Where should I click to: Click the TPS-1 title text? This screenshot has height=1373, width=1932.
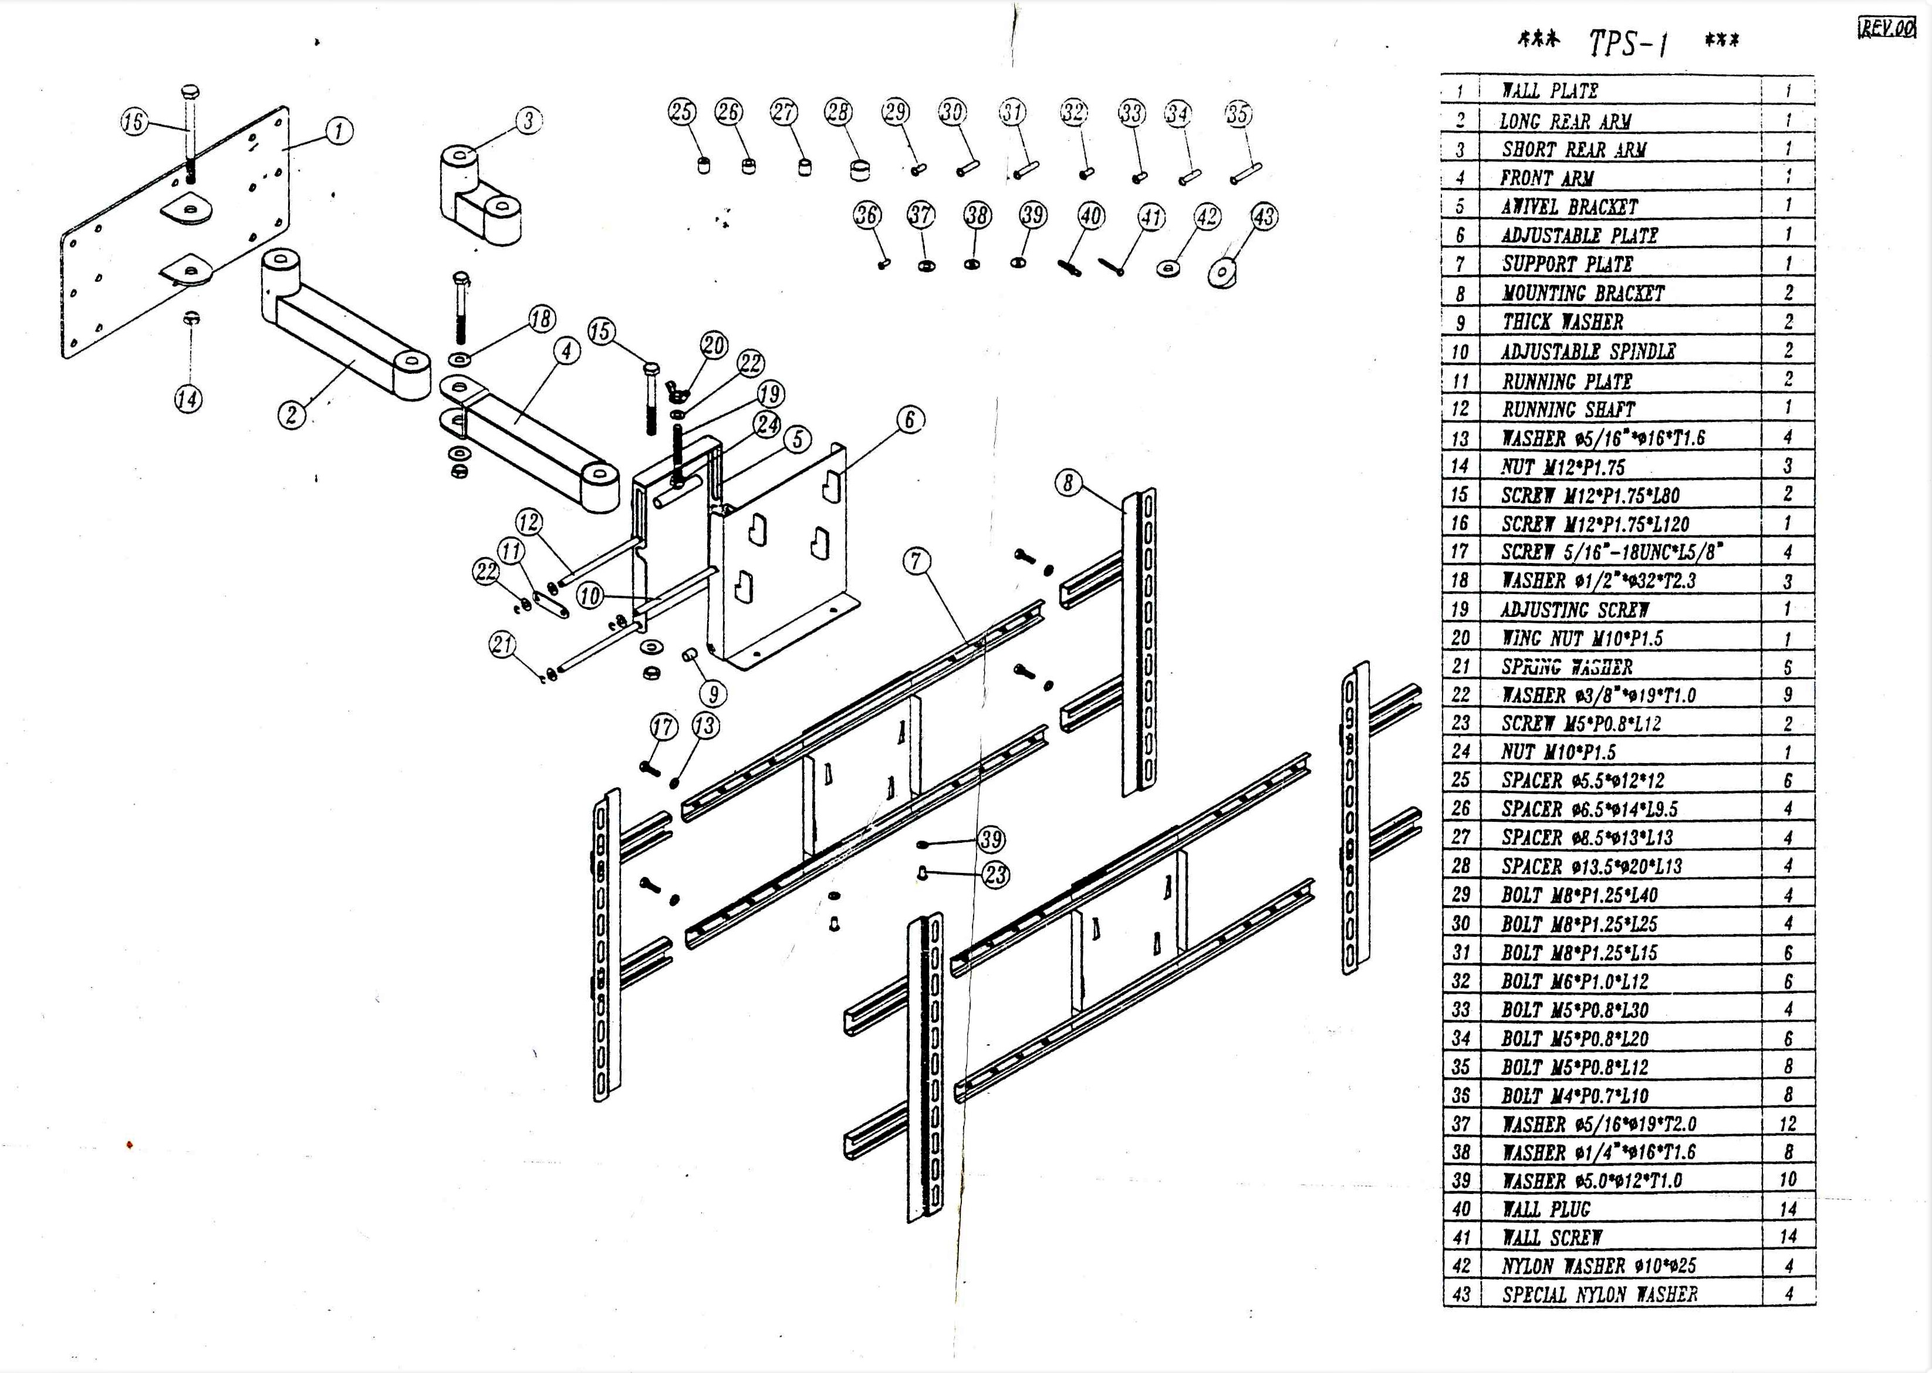coord(1628,42)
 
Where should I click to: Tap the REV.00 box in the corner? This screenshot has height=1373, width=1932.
coord(1886,28)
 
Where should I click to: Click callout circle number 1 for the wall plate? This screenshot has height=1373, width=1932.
coord(339,131)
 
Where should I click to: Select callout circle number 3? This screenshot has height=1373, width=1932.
coord(529,120)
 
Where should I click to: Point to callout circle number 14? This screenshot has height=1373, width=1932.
coord(188,399)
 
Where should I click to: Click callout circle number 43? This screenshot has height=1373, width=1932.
coord(1264,217)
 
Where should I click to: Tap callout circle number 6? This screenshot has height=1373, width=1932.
coord(910,419)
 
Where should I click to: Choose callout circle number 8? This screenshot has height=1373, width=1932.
coord(1068,483)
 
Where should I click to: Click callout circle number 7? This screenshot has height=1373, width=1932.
coord(917,561)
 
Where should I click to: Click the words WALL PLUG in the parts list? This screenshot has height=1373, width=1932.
coord(1546,1209)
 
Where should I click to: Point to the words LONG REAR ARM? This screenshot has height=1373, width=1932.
coord(1565,122)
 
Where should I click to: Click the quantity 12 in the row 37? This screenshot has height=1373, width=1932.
coord(1788,1124)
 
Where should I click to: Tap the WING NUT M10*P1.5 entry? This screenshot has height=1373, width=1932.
coord(1581,638)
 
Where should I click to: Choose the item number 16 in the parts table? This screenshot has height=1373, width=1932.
coord(1460,524)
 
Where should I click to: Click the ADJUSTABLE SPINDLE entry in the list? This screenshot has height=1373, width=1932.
coord(1588,352)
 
